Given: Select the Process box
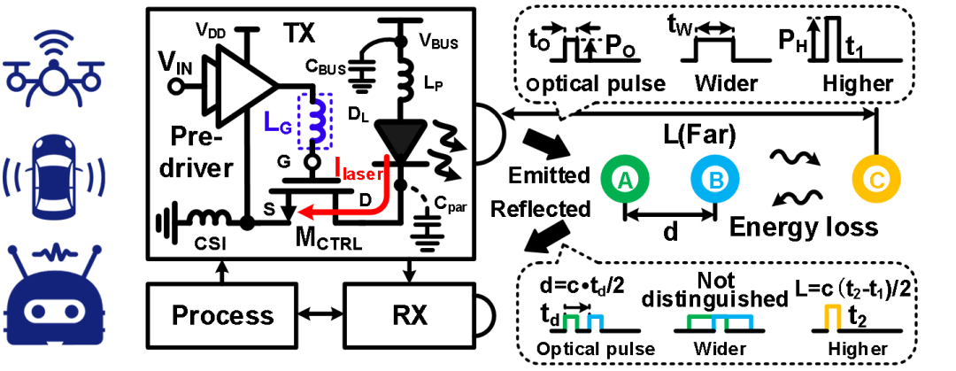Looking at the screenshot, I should click(222, 315).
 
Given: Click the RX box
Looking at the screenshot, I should click(409, 315).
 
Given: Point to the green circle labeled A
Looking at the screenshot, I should click(625, 180).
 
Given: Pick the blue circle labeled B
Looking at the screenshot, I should click(714, 180).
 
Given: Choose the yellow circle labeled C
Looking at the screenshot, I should click(876, 180).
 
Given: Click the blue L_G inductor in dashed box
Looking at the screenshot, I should click(316, 120).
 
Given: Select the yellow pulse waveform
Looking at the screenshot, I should click(832, 317).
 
